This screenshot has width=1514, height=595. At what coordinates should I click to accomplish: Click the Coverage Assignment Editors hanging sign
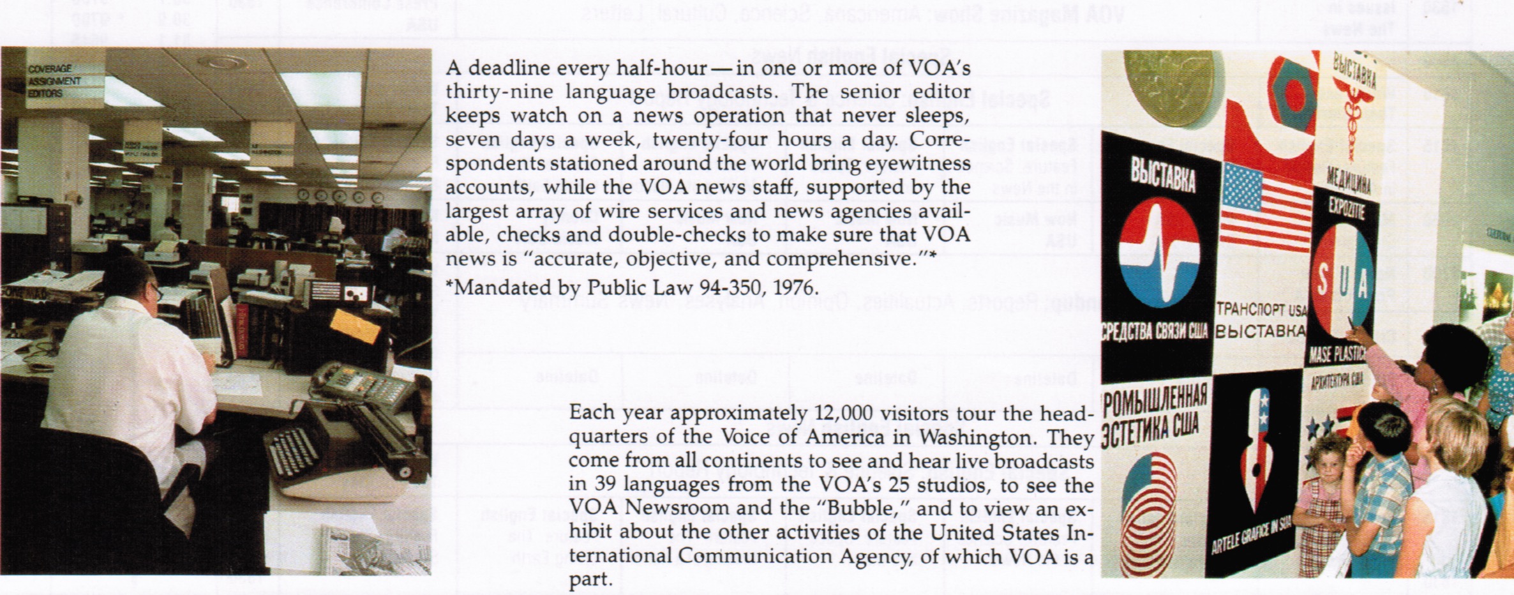pyautogui.click(x=54, y=81)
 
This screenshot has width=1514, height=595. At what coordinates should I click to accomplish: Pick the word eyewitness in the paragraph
pyautogui.click(x=918, y=164)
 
